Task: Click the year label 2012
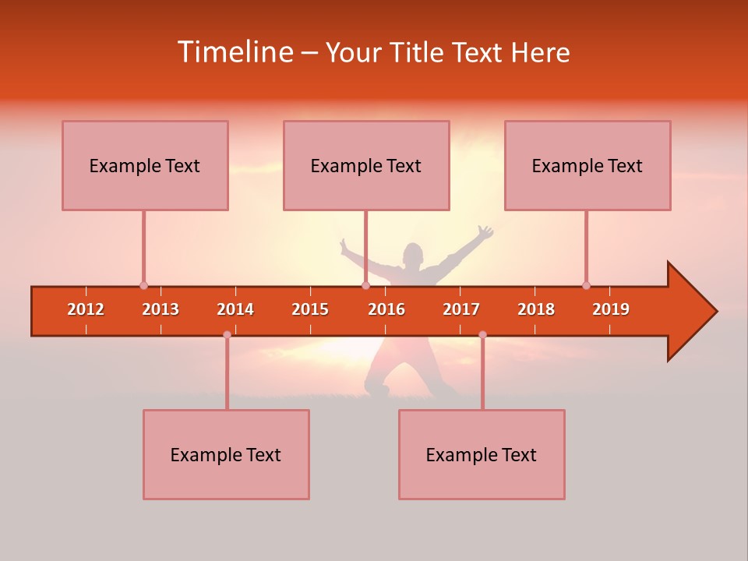pyautogui.click(x=86, y=309)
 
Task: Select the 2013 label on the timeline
pyautogui.click(x=161, y=309)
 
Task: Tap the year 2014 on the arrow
pyautogui.click(x=235, y=309)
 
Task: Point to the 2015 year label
pyautogui.click(x=310, y=309)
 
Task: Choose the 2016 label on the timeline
pyautogui.click(x=386, y=309)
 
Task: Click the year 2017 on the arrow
pyautogui.click(x=461, y=309)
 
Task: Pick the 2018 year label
pyautogui.click(x=536, y=309)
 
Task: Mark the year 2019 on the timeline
pyautogui.click(x=611, y=309)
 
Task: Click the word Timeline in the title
pyautogui.click(x=234, y=52)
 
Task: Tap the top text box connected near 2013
pyautogui.click(x=145, y=165)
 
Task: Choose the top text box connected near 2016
pyautogui.click(x=366, y=165)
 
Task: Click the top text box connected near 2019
pyautogui.click(x=587, y=165)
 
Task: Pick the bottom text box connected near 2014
pyautogui.click(x=226, y=454)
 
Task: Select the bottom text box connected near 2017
pyautogui.click(x=482, y=454)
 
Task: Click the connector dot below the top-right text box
pyautogui.click(x=586, y=285)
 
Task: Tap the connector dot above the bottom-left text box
pyautogui.click(x=227, y=335)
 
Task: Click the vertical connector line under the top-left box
pyautogui.click(x=143, y=245)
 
